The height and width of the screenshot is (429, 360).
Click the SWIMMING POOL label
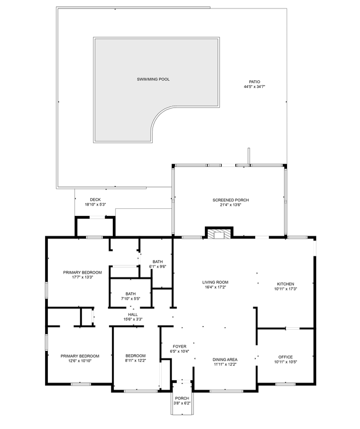pos(153,79)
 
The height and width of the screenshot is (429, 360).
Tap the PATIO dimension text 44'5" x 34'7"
pos(254,87)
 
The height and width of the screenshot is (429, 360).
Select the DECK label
pos(95,200)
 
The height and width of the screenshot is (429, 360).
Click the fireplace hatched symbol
pos(219,234)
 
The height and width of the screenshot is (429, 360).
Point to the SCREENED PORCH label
pos(231,200)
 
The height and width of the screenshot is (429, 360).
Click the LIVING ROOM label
pos(215,282)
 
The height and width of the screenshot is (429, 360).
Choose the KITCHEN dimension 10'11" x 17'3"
pos(285,289)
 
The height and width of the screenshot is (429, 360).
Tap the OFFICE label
pos(285,357)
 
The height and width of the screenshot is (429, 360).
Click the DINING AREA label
pos(225,359)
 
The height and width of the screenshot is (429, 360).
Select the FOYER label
pos(180,346)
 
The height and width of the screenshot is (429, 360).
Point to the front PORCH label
pos(182,398)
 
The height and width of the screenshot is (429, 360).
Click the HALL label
pos(133,315)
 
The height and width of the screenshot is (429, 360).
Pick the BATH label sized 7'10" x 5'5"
pos(131,294)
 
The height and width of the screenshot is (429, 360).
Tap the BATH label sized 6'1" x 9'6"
pos(158,262)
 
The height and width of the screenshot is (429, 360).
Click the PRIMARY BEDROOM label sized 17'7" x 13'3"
pos(82,272)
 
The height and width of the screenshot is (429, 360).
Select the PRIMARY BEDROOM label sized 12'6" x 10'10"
pos(80,356)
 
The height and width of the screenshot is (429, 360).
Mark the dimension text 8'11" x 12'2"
pos(135,361)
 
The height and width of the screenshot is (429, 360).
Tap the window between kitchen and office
pos(292,328)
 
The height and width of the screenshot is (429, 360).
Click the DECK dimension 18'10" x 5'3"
pos(95,204)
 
